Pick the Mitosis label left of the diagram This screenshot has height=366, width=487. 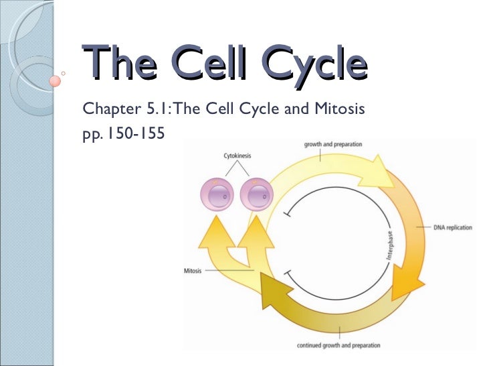(x=193, y=271)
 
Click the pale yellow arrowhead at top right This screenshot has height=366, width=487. (x=380, y=174)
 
